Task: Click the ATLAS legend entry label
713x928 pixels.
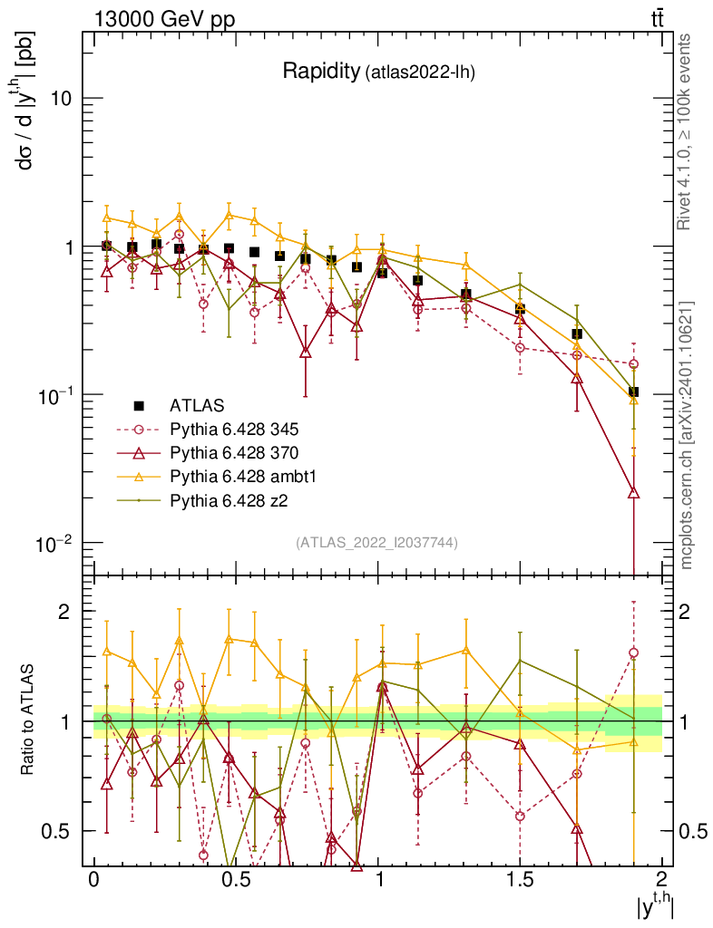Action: click(x=197, y=405)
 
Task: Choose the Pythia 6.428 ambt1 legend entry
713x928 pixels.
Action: click(x=239, y=476)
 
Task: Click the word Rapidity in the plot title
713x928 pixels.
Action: click(x=321, y=72)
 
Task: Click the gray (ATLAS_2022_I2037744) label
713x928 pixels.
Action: click(x=376, y=543)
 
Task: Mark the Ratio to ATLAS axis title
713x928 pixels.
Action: click(x=30, y=721)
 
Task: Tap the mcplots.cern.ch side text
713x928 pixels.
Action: click(x=687, y=435)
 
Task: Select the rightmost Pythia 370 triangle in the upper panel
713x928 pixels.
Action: click(x=633, y=493)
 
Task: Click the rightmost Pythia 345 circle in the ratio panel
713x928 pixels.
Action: click(x=633, y=652)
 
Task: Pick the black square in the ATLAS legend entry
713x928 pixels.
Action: click(x=139, y=405)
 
